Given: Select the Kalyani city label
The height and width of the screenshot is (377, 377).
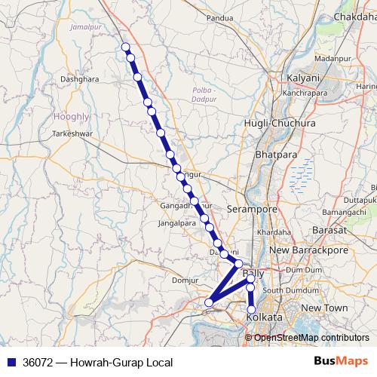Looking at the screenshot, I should [305, 78].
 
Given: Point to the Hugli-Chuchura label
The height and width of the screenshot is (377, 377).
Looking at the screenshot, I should [274, 122].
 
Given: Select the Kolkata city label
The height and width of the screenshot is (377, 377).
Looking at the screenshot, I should [265, 319].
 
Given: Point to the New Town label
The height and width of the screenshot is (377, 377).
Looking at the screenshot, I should [324, 308].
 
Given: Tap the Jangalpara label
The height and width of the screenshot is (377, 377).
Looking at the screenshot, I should [177, 223].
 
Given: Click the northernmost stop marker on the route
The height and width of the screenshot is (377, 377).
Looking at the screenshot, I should [126, 48].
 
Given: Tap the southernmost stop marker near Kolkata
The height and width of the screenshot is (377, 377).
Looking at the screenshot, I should [251, 309].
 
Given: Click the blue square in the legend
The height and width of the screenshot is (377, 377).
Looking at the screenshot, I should [11, 362].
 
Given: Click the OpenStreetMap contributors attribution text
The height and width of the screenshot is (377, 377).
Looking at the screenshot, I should [311, 337].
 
